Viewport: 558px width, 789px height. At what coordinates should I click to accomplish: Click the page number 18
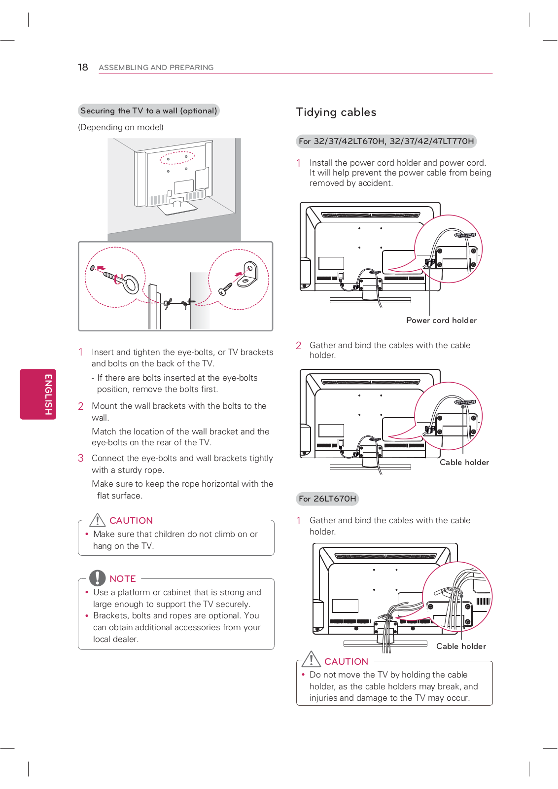click(x=83, y=67)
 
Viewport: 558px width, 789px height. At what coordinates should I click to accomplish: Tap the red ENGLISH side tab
click(x=38, y=394)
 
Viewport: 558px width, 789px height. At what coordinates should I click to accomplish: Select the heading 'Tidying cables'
click(x=336, y=112)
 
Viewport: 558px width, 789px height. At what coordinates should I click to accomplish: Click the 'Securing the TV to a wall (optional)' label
click(x=148, y=111)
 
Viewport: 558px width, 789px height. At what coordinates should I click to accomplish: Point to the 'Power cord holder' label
click(x=441, y=321)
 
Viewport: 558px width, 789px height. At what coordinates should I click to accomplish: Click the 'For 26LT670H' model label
click(x=327, y=499)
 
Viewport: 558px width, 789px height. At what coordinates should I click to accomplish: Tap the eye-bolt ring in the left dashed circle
click(x=131, y=285)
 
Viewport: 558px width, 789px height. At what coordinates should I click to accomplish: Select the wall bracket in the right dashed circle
click(x=248, y=275)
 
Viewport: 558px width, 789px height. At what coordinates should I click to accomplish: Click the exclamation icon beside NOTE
click(x=98, y=578)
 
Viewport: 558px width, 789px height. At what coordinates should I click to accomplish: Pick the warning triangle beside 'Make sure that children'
click(x=98, y=520)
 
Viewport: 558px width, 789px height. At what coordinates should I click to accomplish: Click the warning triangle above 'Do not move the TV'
click(x=312, y=659)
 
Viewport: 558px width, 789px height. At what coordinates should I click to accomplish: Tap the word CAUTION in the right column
click(x=346, y=662)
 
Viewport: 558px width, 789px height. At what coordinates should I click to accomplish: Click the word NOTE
click(x=123, y=579)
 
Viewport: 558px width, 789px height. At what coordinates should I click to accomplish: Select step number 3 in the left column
click(x=81, y=458)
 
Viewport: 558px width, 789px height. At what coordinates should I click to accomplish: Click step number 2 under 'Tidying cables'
click(x=299, y=346)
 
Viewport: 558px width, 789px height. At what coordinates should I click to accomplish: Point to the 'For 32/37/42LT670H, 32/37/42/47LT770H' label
click(x=386, y=142)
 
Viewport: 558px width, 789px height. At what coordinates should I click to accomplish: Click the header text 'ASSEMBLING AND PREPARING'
click(x=156, y=68)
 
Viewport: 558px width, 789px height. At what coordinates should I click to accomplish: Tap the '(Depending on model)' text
click(x=121, y=127)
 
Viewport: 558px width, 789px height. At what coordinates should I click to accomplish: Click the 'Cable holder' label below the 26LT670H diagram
click(x=461, y=646)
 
